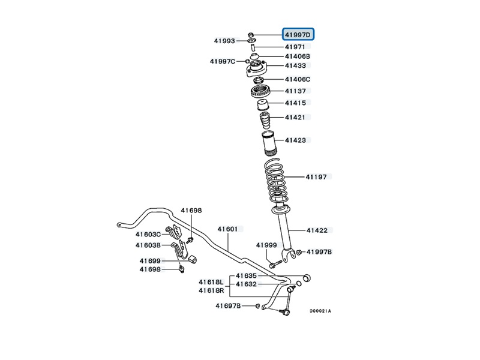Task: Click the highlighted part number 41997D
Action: click(x=301, y=35)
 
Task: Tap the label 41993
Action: click(x=225, y=41)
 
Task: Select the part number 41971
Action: click(x=295, y=47)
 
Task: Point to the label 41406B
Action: click(x=298, y=56)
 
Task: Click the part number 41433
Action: click(x=295, y=66)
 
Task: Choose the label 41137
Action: click(x=295, y=91)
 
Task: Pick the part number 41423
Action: click(x=295, y=140)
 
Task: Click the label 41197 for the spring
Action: click(x=316, y=177)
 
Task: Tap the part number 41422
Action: click(x=316, y=230)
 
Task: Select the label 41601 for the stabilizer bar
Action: click(x=228, y=229)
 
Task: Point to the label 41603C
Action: click(x=148, y=234)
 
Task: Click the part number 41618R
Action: click(x=211, y=290)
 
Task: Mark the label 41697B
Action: click(x=228, y=306)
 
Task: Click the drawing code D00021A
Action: click(x=320, y=311)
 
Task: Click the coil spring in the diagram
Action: click(x=278, y=180)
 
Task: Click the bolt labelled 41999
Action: click(x=273, y=262)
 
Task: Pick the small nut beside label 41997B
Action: click(x=300, y=253)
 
